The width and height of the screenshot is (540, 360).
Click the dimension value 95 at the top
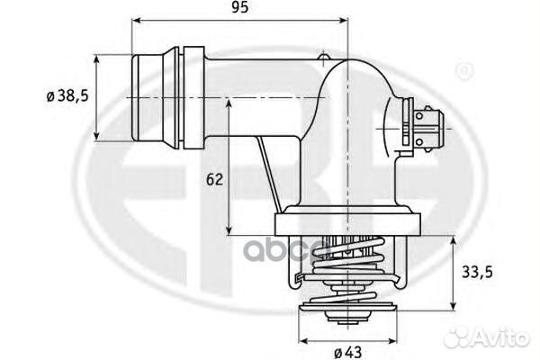[240, 8]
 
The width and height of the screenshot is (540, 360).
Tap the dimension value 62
[213, 179]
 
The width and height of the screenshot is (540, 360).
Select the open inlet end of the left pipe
[135, 98]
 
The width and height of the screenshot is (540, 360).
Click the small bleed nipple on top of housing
[322, 59]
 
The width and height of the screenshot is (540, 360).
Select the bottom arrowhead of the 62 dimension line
[229, 227]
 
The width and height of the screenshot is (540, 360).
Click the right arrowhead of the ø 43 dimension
[393, 341]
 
